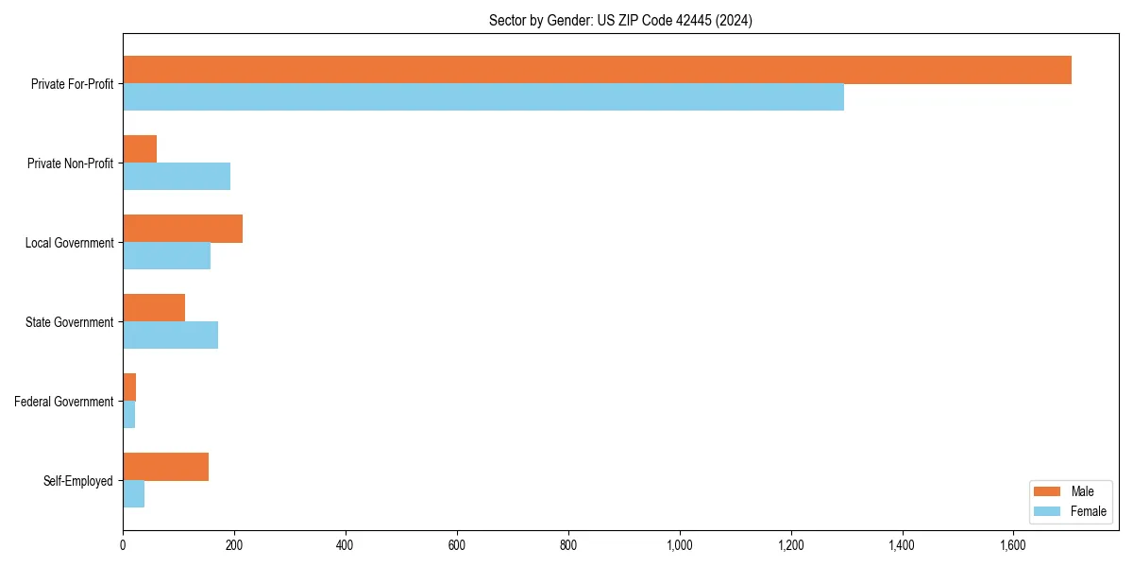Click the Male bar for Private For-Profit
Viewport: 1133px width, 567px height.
pyautogui.click(x=597, y=70)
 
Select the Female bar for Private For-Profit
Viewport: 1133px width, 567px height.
pyautogui.click(x=483, y=96)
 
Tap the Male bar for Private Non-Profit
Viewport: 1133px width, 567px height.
pyautogui.click(x=140, y=149)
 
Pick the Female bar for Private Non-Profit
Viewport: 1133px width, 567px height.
pyautogui.click(x=177, y=176)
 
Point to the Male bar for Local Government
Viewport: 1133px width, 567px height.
pyautogui.click(x=182, y=229)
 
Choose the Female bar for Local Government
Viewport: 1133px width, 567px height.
pyautogui.click(x=166, y=255)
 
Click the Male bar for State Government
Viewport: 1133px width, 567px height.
pyautogui.click(x=154, y=308)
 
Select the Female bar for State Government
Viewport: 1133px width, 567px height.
pyautogui.click(x=170, y=335)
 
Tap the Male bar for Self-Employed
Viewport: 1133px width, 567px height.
pyautogui.click(x=165, y=467)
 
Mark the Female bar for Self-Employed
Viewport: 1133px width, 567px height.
pyautogui.click(x=133, y=493)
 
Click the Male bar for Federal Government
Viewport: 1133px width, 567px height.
pyautogui.click(x=129, y=387)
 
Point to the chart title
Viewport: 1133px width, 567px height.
pyautogui.click(x=620, y=21)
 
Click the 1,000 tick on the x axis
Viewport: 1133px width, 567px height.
pyautogui.click(x=680, y=544)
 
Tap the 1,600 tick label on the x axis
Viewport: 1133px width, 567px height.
pyautogui.click(x=1013, y=544)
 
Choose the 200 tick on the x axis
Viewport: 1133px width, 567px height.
pyautogui.click(x=234, y=544)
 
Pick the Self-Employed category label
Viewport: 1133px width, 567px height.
pyautogui.click(x=78, y=481)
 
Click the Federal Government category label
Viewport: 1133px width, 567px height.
pyautogui.click(x=64, y=402)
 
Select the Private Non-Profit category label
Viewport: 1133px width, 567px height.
pyautogui.click(x=70, y=163)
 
